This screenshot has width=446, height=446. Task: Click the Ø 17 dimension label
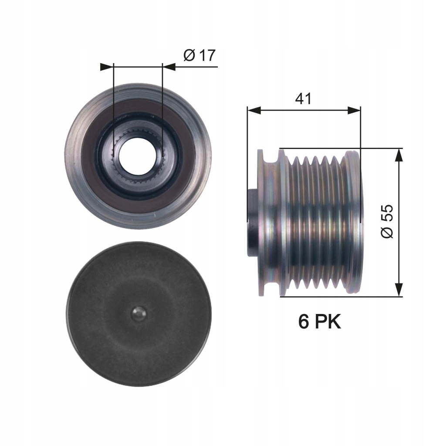199,55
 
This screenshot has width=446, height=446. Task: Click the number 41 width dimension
304,98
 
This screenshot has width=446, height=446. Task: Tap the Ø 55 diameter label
387,221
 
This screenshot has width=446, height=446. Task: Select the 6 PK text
319,322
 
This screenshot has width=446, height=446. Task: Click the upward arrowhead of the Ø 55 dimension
399,155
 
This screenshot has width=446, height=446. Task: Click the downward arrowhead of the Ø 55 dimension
399,290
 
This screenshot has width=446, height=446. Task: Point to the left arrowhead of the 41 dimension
254,110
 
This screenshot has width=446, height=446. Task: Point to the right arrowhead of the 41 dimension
354,110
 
